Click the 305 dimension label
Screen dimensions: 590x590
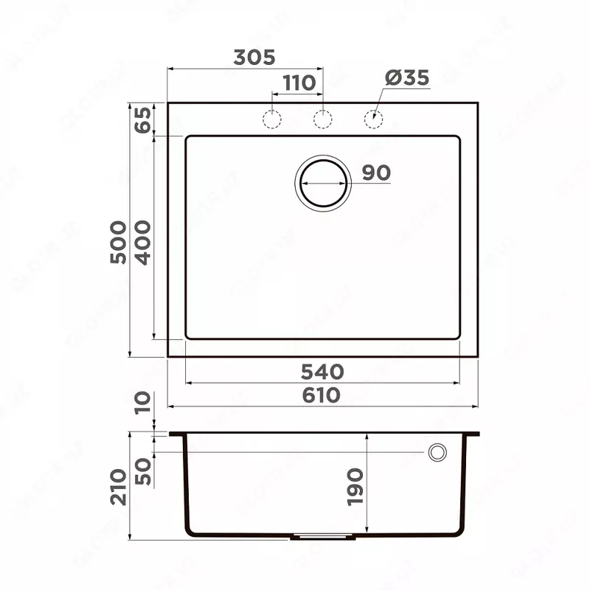pyautogui.click(x=254, y=58)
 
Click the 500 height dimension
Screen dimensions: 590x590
pyautogui.click(x=117, y=242)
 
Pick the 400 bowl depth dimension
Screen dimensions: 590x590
pyautogui.click(x=142, y=242)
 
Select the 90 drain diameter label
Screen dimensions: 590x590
pyautogui.click(x=376, y=173)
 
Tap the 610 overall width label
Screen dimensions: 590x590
pyautogui.click(x=322, y=395)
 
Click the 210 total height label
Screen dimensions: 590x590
pyautogui.click(x=117, y=487)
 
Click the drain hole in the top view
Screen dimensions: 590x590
pyautogui.click(x=323, y=182)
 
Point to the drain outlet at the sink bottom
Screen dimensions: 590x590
pyautogui.click(x=322, y=537)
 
